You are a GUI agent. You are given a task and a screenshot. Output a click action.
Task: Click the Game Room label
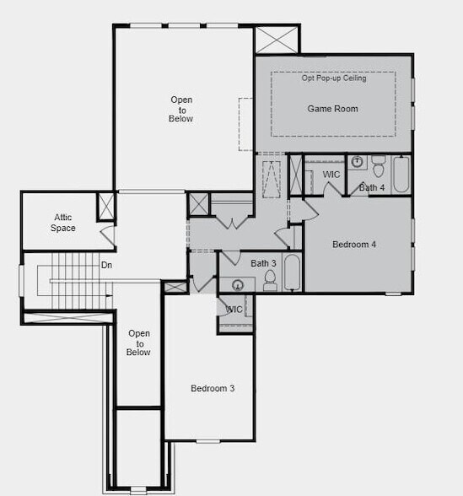(x=332, y=109)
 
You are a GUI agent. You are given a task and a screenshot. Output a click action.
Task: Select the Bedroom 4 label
(x=354, y=245)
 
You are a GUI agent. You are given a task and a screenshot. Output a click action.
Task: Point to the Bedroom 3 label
(x=213, y=389)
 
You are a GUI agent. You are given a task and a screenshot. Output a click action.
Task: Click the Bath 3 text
(x=264, y=264)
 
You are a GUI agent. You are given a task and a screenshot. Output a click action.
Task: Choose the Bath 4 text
(x=373, y=187)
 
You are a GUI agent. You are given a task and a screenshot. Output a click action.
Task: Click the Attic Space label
(x=64, y=223)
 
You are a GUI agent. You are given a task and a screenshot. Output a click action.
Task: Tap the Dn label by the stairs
(x=106, y=265)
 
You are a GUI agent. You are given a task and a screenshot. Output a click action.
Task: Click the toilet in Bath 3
(x=270, y=279)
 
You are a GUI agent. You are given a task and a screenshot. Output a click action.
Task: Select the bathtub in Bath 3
(x=292, y=272)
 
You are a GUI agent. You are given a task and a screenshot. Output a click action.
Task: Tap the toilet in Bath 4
(x=378, y=162)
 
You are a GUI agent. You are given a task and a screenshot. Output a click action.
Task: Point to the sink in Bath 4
(x=357, y=161)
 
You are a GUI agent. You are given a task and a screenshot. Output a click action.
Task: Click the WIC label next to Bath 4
(x=331, y=175)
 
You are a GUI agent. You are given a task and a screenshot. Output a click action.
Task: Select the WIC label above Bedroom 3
(x=234, y=310)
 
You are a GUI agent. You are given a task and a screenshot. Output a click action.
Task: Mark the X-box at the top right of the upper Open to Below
(x=277, y=40)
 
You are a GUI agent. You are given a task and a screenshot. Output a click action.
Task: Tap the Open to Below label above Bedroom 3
(x=139, y=342)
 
